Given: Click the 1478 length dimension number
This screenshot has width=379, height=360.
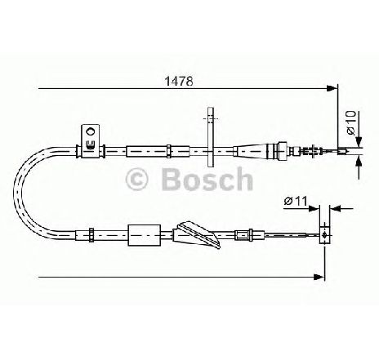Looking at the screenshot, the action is coord(179,81).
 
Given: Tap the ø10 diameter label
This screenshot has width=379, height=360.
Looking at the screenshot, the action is coord(351,122).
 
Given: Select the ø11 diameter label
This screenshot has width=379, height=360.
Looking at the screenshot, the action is coord(296,202).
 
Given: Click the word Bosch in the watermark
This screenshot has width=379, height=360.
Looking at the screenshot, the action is coord(207,179).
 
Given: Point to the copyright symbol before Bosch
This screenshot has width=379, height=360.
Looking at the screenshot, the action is coord(137,179).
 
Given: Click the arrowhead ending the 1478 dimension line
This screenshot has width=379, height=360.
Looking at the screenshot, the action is coord(331,88).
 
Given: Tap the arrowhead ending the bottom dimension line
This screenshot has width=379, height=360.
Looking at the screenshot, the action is coord(319,277).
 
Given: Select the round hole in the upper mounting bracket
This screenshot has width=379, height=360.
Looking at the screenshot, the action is coord(90,132).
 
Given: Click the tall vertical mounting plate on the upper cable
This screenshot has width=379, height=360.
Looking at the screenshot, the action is coord(211,137).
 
